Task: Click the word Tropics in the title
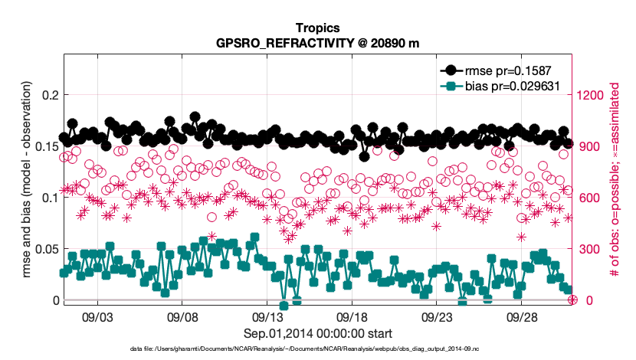(317, 28)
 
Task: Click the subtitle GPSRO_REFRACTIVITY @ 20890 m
(317, 42)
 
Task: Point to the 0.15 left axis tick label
(45, 146)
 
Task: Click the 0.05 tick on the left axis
(45, 249)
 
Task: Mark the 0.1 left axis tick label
(48, 198)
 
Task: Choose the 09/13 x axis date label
(267, 317)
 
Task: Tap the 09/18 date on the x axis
(352, 317)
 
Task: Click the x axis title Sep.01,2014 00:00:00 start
(317, 333)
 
